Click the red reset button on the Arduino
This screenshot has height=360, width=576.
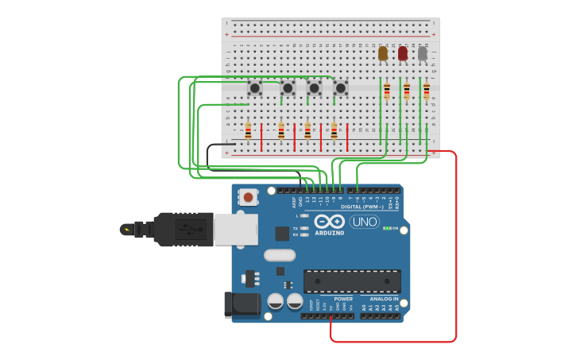[249, 196]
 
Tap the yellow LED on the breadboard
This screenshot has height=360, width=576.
[383, 53]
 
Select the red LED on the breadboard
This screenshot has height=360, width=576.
[403, 53]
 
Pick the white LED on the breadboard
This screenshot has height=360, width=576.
[423, 53]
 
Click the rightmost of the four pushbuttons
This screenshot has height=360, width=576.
[341, 87]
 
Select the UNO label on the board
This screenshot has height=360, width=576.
[365, 222]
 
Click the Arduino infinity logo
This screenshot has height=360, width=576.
[329, 222]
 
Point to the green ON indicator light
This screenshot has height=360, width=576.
[385, 228]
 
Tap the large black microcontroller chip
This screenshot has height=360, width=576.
[352, 281]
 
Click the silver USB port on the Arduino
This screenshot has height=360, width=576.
[235, 230]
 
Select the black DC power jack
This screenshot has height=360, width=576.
[242, 305]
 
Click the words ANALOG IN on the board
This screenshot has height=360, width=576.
[384, 299]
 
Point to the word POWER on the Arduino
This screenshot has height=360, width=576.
[343, 299]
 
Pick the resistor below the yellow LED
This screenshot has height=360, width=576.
[387, 90]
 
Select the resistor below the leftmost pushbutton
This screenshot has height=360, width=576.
[248, 131]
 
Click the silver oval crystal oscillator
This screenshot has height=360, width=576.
[280, 255]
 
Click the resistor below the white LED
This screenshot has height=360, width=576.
[426, 90]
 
